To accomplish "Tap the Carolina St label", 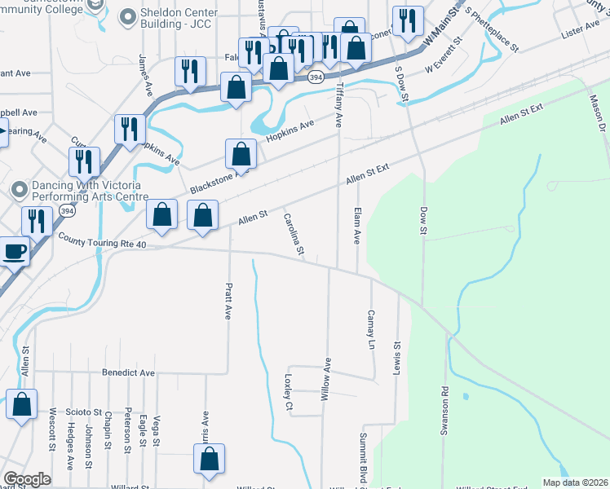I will pos(294,233).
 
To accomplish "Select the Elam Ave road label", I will pos(356,225).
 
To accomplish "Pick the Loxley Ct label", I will pos(288,392).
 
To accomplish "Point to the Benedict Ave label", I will pos(128,372).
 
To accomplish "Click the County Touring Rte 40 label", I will pos(102,240).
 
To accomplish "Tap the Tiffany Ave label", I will pos(338,105).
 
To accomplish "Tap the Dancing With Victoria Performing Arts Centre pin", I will pos(20,189).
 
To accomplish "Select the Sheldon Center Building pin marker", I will pos(128,16).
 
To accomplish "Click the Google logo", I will pos(27,479).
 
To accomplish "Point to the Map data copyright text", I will pos(574,482).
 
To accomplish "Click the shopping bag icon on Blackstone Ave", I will pos(241,153).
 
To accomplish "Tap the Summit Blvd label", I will pos(364,456).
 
